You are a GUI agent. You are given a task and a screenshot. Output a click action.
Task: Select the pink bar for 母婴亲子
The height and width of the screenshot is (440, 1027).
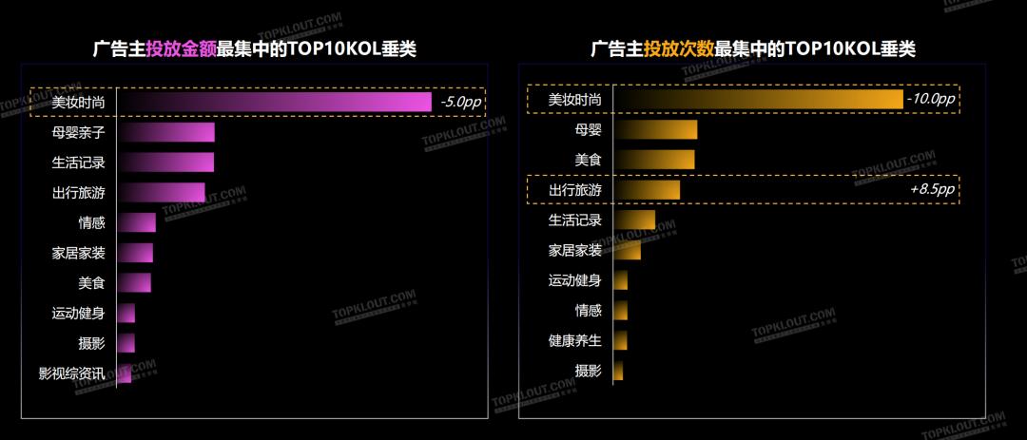point(165,132)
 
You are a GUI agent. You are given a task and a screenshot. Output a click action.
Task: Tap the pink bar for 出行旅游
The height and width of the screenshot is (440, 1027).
point(161,192)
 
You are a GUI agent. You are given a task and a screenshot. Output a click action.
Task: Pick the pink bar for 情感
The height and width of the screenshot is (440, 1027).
point(136,222)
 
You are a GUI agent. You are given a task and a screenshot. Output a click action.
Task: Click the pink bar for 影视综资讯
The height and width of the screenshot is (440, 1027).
point(124,373)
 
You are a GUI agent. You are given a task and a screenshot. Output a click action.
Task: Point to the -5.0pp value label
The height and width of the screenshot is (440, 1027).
point(458,102)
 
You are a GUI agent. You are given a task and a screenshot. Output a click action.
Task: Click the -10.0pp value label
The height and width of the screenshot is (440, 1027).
point(930,99)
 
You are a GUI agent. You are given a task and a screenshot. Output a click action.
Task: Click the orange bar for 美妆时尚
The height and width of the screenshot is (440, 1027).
point(758,99)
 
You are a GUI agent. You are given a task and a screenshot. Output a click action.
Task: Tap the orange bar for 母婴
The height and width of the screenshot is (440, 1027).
point(655,129)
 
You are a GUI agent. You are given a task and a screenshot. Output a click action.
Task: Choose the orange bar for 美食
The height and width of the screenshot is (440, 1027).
point(654,160)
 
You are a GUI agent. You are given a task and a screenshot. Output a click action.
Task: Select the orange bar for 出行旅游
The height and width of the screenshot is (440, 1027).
point(647,190)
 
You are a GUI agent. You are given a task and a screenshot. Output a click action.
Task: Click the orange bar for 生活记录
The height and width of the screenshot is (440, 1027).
point(634,220)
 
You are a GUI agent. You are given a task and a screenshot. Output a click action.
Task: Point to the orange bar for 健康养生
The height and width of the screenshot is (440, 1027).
point(620,340)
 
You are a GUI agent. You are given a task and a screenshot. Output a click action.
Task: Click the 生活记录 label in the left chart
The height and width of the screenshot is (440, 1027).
point(78,163)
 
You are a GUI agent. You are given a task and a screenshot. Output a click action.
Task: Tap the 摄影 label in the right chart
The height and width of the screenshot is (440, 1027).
point(588,371)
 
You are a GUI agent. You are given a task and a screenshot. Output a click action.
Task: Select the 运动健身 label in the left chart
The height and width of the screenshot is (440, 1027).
point(78,313)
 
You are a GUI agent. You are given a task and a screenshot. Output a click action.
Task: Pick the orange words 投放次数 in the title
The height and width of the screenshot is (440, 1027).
point(678,49)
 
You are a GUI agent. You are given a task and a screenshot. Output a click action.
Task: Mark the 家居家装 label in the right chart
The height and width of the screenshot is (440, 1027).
point(574,250)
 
